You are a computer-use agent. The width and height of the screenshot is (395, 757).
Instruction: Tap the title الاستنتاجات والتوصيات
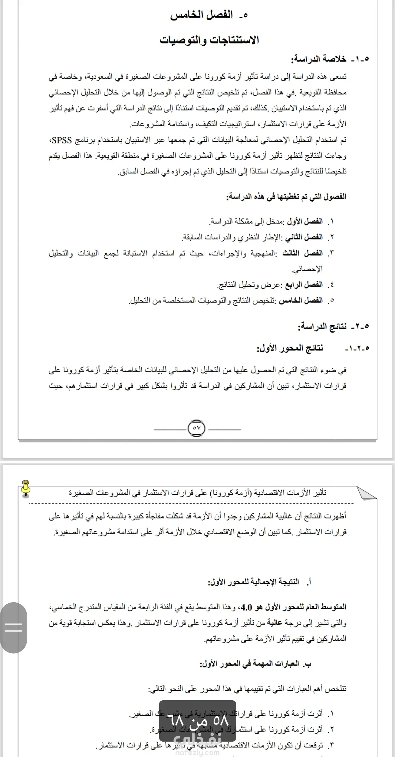tap(209, 40)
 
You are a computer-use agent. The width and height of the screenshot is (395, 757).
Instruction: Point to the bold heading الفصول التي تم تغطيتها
tap(286, 196)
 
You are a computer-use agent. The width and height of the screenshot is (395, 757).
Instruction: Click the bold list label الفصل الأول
tap(304, 221)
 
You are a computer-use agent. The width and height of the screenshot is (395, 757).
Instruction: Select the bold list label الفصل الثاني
tap(304, 237)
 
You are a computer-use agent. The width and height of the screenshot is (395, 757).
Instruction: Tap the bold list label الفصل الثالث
tap(302, 253)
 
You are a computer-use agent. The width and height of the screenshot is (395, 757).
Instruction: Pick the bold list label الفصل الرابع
tap(304, 285)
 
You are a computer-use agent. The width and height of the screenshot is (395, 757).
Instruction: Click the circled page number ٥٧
tap(196, 428)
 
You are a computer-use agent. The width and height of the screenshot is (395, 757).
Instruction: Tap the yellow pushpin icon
tap(26, 489)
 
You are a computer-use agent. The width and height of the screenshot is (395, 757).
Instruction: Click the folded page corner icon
tap(367, 493)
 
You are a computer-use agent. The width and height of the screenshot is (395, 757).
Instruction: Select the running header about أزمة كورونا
tap(197, 493)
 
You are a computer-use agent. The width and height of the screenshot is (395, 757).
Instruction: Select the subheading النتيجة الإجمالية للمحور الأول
tap(253, 582)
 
